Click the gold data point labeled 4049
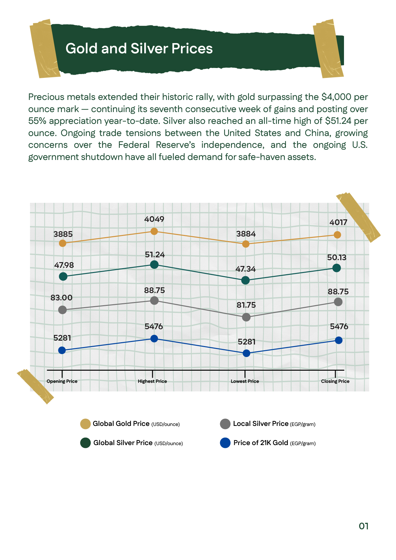coord(154,231)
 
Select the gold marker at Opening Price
coord(63,243)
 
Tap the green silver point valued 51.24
coord(154,264)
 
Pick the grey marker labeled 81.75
coord(246,317)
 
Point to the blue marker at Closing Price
coord(339,340)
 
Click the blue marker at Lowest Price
coord(246,353)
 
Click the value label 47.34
coord(245,269)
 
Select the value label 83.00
coord(62,298)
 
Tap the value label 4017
coord(338,222)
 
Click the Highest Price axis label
coord(153,381)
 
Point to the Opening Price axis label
coord(62,381)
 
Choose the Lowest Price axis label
coord(245,381)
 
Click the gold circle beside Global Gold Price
coord(86,424)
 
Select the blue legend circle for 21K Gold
coord(225,443)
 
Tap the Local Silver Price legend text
coord(261,424)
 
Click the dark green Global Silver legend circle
coord(86,443)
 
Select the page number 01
coord(363,526)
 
